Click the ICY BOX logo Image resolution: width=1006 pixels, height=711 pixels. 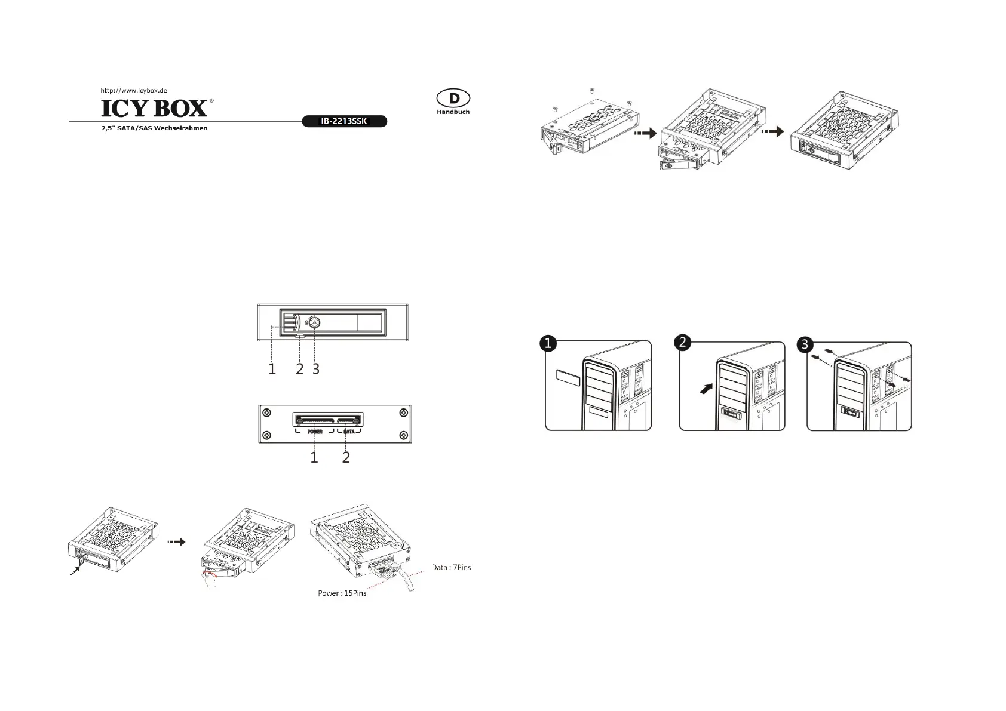(x=154, y=108)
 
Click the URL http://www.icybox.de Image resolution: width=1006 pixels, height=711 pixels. (x=133, y=90)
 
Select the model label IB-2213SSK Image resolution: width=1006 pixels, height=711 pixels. (x=343, y=121)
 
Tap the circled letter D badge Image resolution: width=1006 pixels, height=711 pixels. (x=453, y=99)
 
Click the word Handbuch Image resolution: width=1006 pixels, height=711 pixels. (x=453, y=112)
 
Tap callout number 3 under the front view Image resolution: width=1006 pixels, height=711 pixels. (x=316, y=370)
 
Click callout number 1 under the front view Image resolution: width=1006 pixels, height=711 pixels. (x=272, y=370)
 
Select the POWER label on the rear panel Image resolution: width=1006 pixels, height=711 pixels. (x=315, y=431)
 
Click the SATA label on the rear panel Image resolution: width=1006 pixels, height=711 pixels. (x=349, y=431)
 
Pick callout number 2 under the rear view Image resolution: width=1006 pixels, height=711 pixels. (x=346, y=458)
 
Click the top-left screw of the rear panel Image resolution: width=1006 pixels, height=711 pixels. (x=267, y=413)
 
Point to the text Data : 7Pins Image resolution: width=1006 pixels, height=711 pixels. (x=451, y=567)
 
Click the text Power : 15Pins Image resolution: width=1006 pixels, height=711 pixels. (x=342, y=593)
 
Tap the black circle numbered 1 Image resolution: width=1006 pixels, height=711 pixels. (x=548, y=343)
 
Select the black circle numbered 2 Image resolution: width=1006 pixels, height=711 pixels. (x=682, y=342)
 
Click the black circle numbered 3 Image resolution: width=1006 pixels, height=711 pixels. (x=806, y=344)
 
